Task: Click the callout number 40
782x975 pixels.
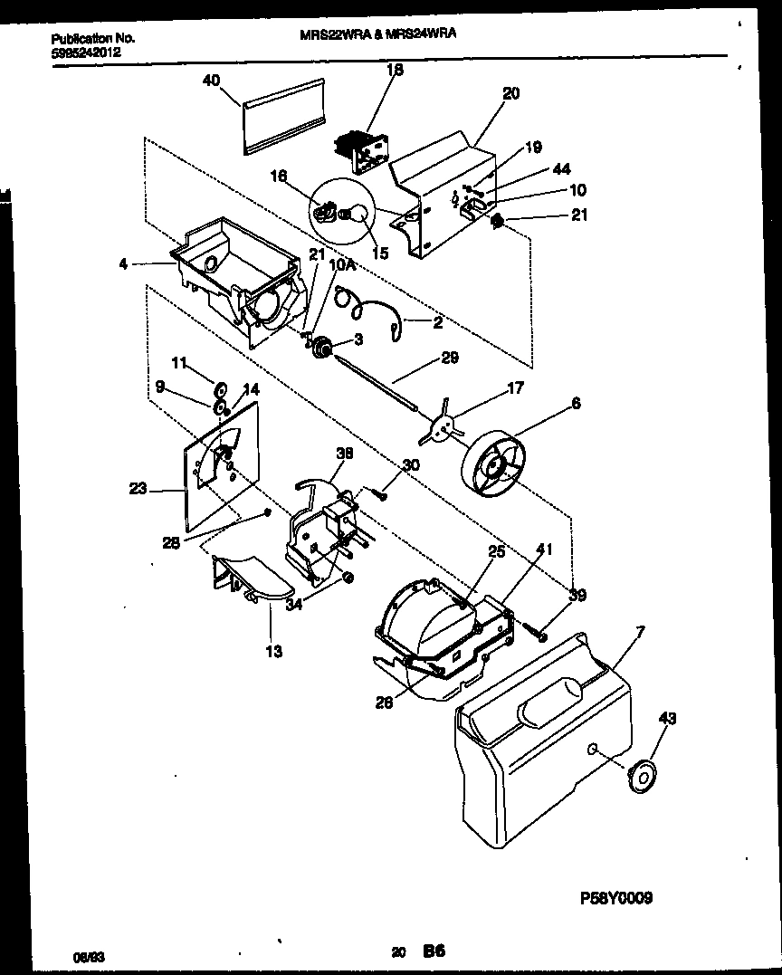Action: point(211,80)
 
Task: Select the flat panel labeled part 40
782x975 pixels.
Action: point(282,115)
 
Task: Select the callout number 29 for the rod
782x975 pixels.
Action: point(449,358)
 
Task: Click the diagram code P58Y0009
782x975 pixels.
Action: point(615,898)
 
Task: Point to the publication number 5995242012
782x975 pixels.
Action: point(86,53)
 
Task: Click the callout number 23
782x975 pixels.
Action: point(138,488)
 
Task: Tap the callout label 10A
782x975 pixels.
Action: point(339,264)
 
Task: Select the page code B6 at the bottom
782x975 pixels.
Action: point(434,951)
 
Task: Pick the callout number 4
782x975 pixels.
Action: point(121,264)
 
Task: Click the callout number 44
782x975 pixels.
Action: point(561,169)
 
